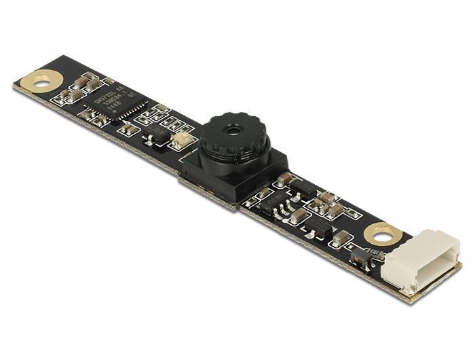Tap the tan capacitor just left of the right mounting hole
[x=342, y=238]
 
